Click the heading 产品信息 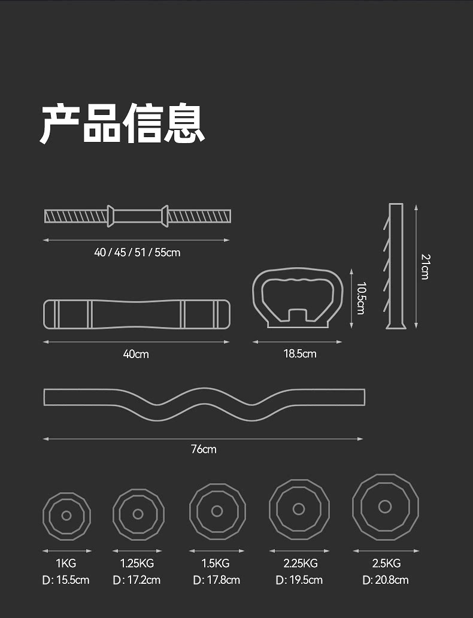tap(123, 123)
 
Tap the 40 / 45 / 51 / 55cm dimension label tap(137, 253)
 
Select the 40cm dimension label tap(136, 354)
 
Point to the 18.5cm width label tap(299, 354)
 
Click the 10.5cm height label tap(360, 298)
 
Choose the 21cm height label tap(425, 266)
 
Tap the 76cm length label tap(204, 449)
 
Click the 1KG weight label tap(66, 564)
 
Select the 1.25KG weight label tap(137, 564)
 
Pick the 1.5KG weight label tap(216, 564)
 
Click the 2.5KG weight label tap(386, 564)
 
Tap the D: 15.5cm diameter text tap(66, 580)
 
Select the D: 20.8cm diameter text tap(386, 580)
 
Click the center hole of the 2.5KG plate tap(385, 507)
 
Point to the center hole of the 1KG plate tap(66, 515)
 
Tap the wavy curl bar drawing tap(204, 404)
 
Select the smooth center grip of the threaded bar tap(138, 215)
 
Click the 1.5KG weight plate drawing tap(217, 511)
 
